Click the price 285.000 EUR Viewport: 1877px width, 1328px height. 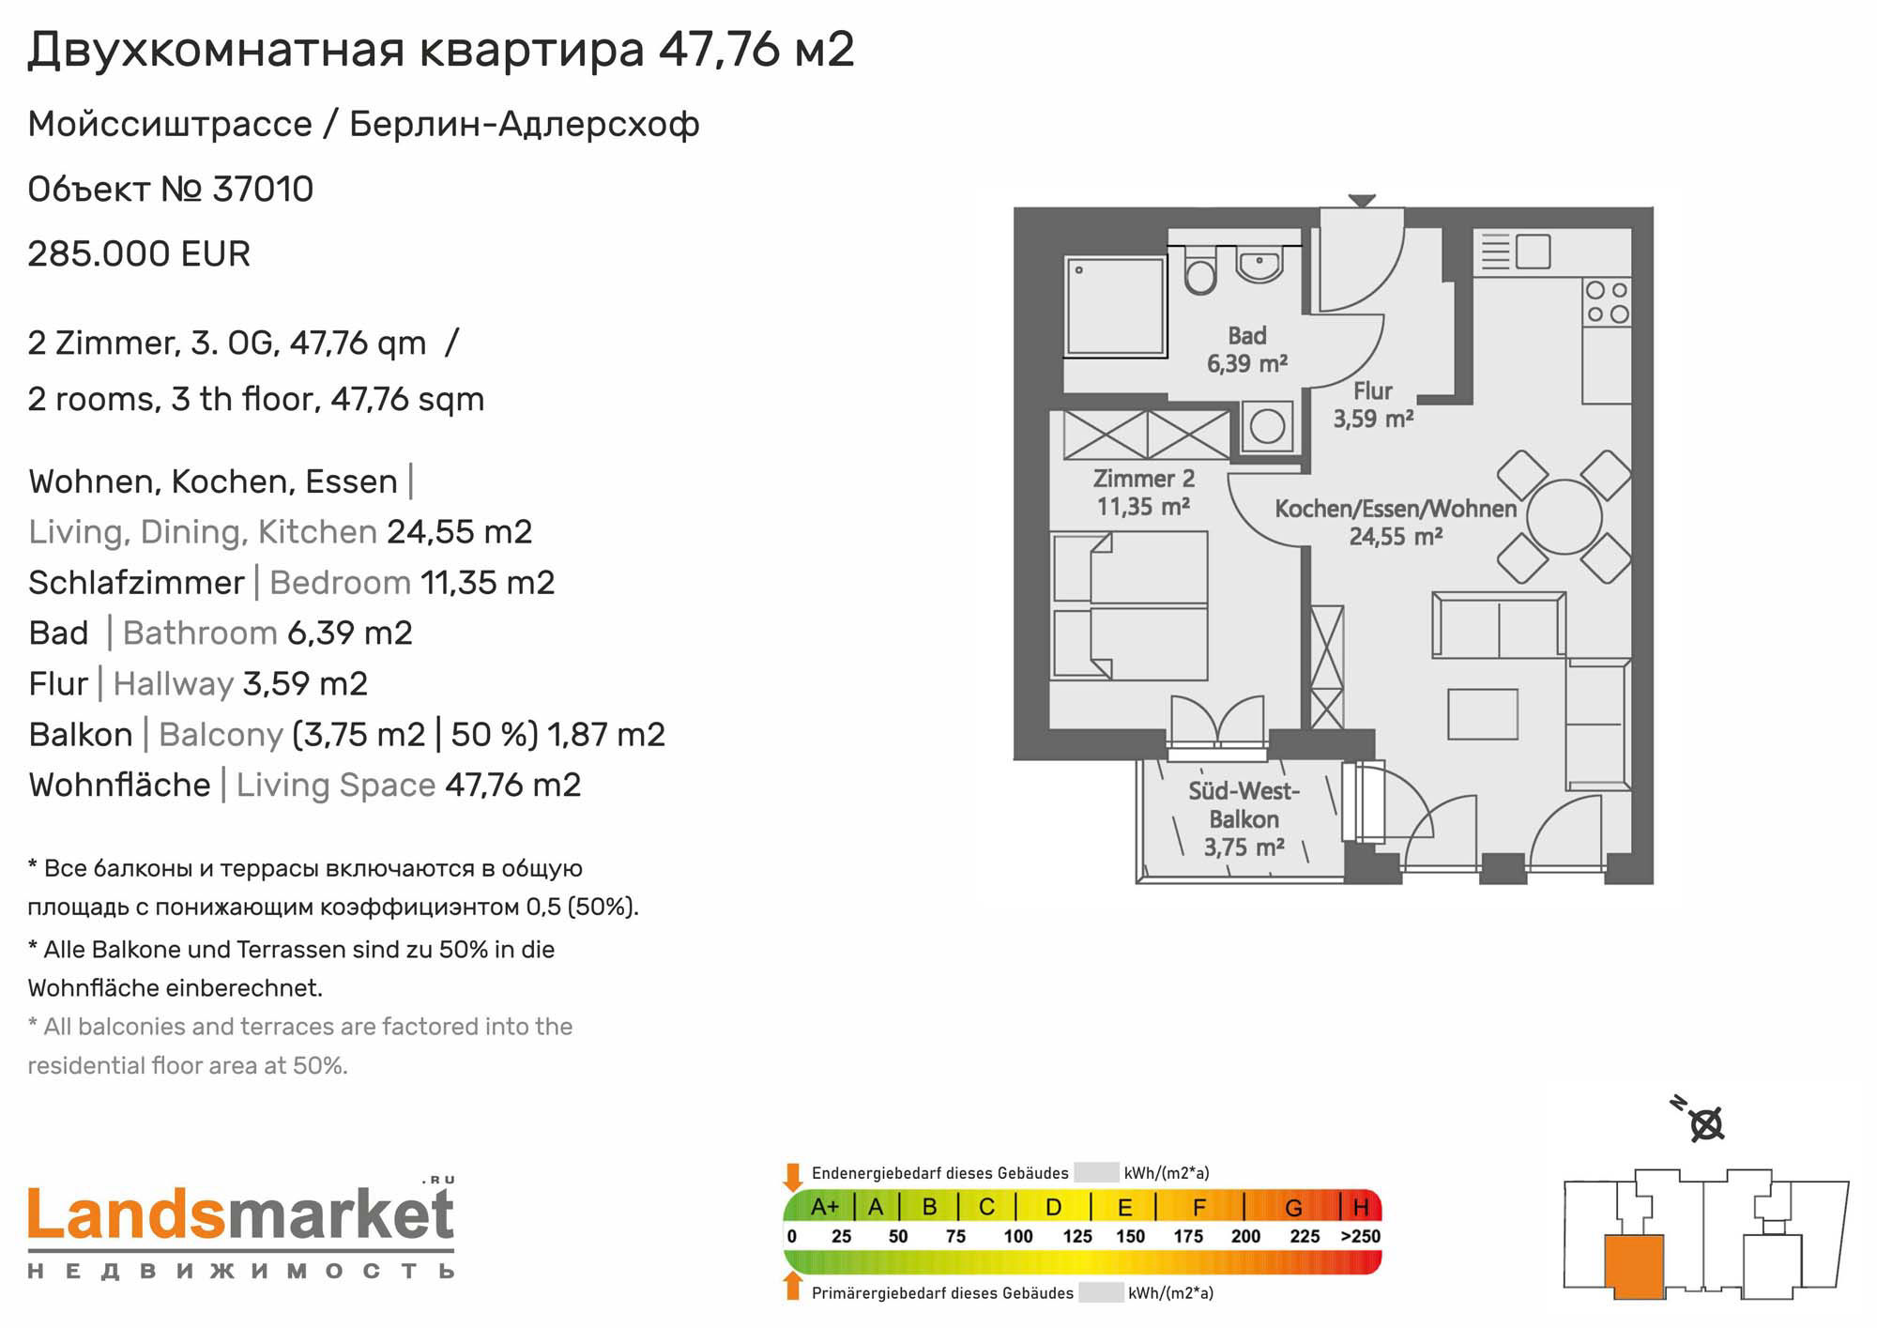click(139, 254)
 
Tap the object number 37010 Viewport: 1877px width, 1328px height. click(263, 190)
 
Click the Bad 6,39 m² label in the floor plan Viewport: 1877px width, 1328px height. click(1246, 349)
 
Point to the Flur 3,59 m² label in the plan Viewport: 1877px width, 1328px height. click(1373, 405)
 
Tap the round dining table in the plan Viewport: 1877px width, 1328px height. click(1564, 516)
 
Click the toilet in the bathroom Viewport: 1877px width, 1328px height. click(1200, 269)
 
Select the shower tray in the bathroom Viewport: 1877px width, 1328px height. click(1116, 306)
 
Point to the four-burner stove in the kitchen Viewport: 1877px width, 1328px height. click(1607, 302)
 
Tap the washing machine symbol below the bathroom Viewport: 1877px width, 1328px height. click(1267, 426)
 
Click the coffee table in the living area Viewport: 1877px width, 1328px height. click(1483, 713)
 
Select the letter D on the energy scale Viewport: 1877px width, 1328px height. click(1053, 1207)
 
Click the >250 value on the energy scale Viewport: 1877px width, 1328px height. click(1360, 1236)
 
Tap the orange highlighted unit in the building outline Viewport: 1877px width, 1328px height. click(1634, 1266)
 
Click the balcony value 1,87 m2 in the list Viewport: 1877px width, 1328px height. click(606, 734)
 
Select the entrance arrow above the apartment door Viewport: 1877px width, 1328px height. click(1362, 201)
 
